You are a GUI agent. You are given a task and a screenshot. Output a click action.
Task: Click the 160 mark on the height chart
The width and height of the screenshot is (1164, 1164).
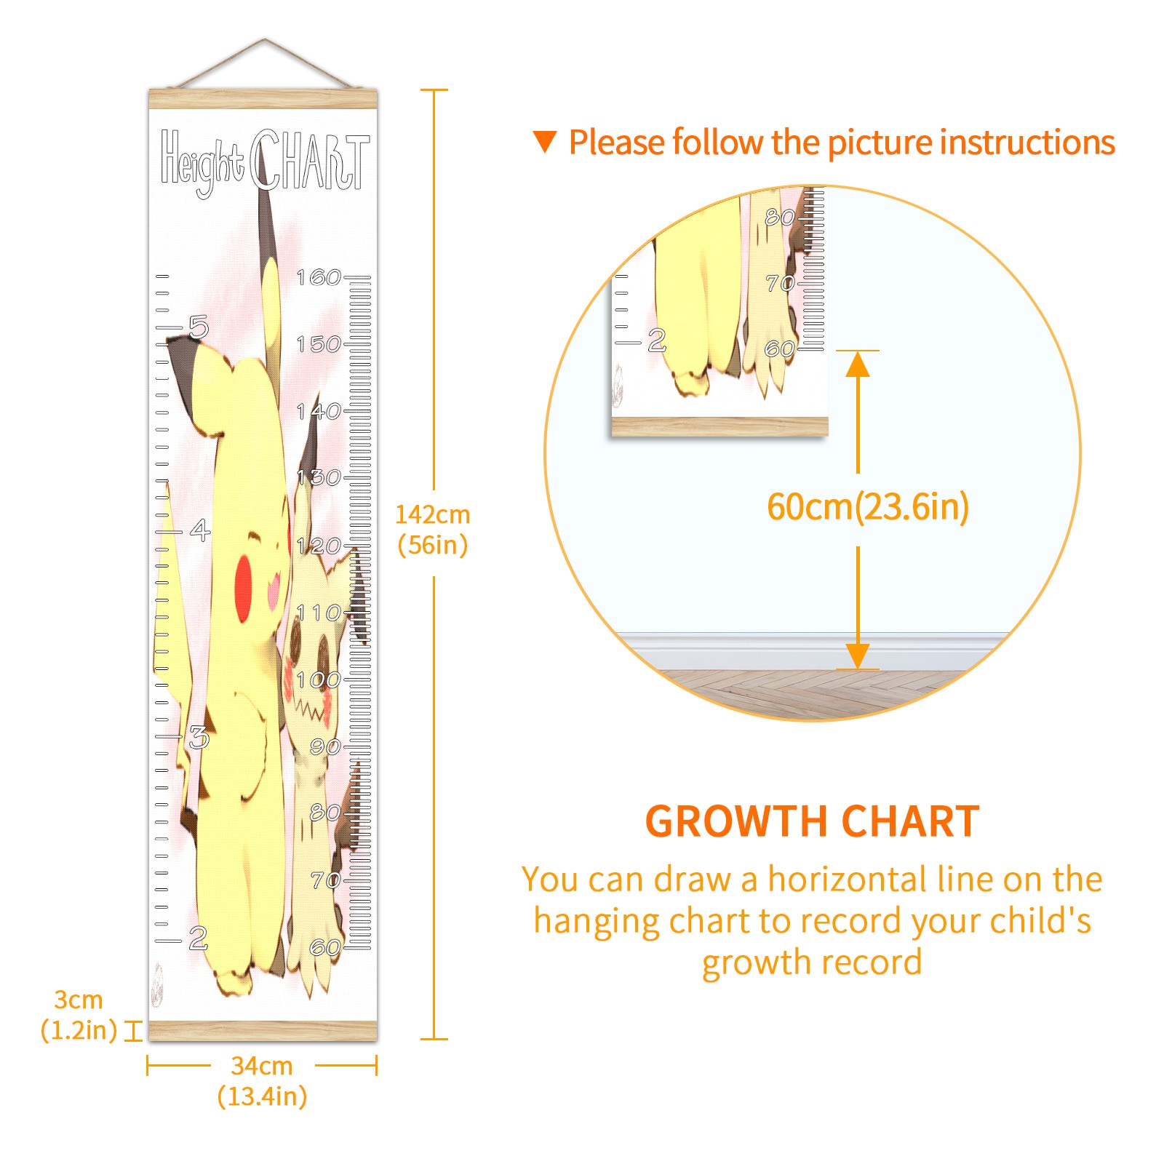[x=319, y=277]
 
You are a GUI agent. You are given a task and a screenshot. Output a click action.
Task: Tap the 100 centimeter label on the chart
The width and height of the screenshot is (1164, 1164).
[x=319, y=680]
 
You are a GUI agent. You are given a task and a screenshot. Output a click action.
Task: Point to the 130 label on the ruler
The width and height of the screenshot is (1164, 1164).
[x=319, y=478]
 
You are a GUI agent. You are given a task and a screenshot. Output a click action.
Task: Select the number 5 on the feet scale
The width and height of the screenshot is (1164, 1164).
[x=199, y=327]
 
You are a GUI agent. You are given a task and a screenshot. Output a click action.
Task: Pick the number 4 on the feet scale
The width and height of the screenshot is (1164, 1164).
[x=200, y=530]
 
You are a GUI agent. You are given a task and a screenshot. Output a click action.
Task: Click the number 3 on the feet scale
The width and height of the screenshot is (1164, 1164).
[x=199, y=738]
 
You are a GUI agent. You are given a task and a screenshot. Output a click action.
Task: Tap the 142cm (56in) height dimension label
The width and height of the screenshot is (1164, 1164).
[x=433, y=530]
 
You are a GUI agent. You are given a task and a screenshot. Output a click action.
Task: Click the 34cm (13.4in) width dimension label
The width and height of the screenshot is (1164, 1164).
[x=262, y=1081]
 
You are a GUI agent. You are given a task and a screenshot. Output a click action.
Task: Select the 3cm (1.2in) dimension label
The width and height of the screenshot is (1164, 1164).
[x=79, y=1015]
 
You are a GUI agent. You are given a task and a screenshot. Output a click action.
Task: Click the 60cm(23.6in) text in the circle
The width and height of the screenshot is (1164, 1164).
[x=868, y=506]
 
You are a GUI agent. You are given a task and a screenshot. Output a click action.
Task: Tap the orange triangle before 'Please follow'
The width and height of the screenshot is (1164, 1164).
[x=544, y=141]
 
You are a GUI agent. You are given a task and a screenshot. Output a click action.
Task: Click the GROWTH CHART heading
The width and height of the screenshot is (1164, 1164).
[x=812, y=821]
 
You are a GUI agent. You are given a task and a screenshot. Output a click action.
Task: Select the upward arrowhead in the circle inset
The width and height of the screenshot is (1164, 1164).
[x=858, y=364]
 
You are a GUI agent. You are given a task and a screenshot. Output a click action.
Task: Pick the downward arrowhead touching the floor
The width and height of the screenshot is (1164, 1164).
[x=858, y=655]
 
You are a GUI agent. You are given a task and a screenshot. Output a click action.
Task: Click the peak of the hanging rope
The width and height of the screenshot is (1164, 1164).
[x=265, y=39]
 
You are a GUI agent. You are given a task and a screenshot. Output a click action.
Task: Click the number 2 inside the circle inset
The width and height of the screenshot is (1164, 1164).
[x=657, y=340]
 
